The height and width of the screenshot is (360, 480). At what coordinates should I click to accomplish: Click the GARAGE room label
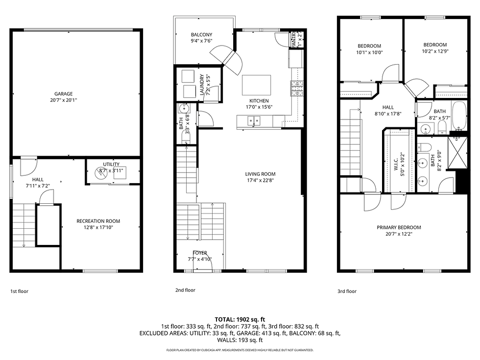[x=63, y=94]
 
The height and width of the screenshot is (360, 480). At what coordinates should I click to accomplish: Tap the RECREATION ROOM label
[x=98, y=221]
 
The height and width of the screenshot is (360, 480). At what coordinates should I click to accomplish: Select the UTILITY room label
[x=111, y=164]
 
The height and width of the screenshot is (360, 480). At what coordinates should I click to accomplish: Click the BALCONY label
[x=201, y=34]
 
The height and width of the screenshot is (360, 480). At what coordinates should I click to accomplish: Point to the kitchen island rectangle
[x=256, y=84]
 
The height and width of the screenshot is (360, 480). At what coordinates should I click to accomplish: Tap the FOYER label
[x=199, y=253]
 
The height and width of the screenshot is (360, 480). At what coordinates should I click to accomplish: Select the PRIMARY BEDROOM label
[x=398, y=227]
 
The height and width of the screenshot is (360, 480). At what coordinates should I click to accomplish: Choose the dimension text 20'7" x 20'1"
[x=63, y=100]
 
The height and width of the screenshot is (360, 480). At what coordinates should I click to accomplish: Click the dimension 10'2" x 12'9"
[x=434, y=51]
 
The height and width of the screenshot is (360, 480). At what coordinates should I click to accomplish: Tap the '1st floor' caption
[x=19, y=291]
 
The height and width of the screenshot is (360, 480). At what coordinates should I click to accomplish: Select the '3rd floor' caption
[x=347, y=291]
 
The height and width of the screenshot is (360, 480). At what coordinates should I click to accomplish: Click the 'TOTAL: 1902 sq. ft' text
[x=240, y=319]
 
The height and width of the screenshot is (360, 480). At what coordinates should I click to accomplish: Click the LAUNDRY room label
[x=202, y=84]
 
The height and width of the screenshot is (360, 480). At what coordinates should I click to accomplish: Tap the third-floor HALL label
[x=388, y=107]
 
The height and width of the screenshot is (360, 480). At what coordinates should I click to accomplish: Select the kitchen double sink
[x=254, y=120]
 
